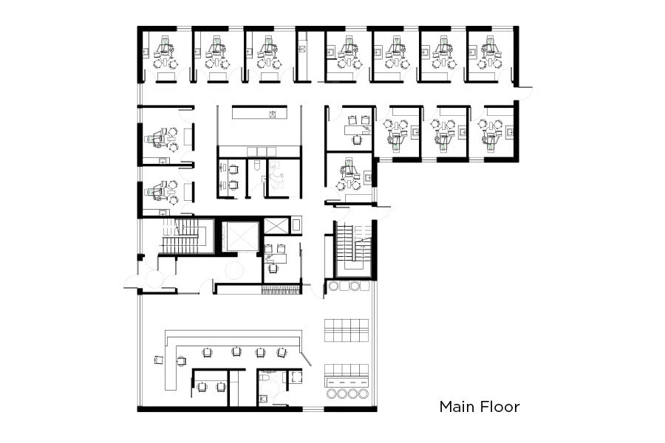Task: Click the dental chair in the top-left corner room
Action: pyautogui.click(x=164, y=50)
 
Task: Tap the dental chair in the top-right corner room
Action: pyautogui.click(x=488, y=50)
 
